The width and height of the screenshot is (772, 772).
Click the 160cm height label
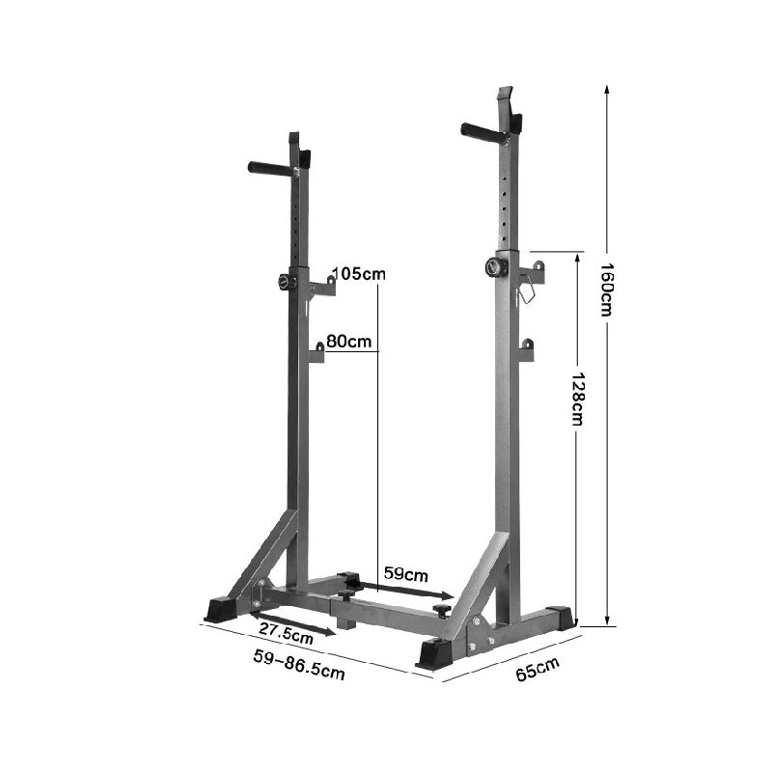coord(606,290)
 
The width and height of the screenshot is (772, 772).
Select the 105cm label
coord(359,274)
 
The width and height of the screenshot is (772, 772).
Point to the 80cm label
coord(349,342)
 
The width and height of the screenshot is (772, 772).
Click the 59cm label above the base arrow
coord(406,572)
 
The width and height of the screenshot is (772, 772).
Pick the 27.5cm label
coord(286,633)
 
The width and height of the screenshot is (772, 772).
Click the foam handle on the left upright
coord(269,169)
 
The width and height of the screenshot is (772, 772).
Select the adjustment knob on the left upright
coord(287,281)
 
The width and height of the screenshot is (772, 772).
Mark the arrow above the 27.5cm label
coord(294,620)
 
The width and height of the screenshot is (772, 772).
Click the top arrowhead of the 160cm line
coord(607,88)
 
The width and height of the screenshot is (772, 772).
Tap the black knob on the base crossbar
coord(442,610)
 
